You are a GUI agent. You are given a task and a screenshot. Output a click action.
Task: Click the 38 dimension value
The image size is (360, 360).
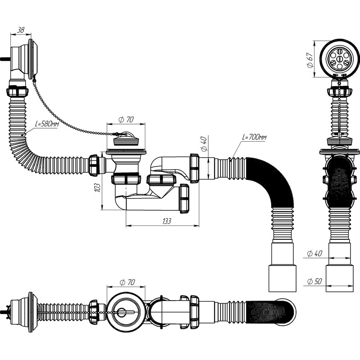[x=21, y=30]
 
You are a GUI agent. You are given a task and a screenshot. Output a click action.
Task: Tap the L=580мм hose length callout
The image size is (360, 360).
[x=47, y=124]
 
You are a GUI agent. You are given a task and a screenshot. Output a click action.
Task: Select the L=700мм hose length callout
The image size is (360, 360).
[x=254, y=137]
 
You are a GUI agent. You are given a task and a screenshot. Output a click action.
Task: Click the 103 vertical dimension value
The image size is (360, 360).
[x=98, y=188]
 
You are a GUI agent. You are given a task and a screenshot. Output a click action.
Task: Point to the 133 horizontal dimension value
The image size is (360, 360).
[x=166, y=221]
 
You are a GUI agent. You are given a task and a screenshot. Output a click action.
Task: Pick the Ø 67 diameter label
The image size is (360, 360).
[x=310, y=60]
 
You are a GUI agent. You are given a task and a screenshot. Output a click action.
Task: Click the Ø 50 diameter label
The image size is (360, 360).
[x=315, y=281]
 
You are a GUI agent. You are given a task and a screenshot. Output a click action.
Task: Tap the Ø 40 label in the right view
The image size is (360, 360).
[x=315, y=253]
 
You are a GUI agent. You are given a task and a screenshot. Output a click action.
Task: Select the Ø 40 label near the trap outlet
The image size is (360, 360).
[x=204, y=144]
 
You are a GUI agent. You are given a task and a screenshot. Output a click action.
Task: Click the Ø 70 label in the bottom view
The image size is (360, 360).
[x=127, y=282]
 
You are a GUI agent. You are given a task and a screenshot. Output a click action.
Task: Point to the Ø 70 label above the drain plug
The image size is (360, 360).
[x=126, y=119]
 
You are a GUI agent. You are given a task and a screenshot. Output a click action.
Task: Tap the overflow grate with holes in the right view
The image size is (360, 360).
[x=340, y=58]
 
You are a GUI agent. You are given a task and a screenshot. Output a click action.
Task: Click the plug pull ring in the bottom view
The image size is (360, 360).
[x=121, y=312]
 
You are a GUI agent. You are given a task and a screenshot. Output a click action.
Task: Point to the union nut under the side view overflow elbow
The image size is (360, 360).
[x=17, y=91]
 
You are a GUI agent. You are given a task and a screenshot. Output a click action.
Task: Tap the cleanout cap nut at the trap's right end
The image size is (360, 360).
[x=184, y=198]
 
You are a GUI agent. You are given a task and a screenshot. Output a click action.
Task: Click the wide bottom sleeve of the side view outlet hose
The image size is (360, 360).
[x=283, y=278]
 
